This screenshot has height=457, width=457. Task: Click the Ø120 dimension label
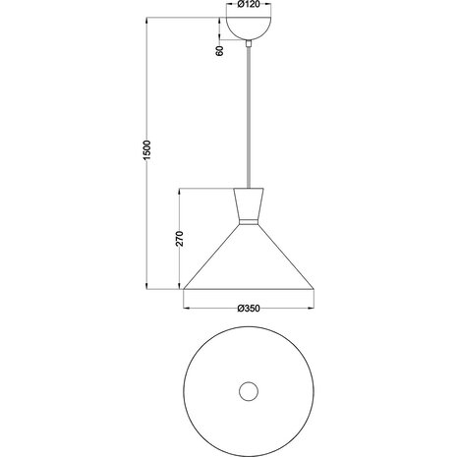click(x=250, y=5)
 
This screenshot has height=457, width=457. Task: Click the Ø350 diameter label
click(x=249, y=309)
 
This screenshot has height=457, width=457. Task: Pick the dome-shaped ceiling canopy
click(x=250, y=29)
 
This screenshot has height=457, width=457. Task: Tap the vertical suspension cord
click(x=250, y=118)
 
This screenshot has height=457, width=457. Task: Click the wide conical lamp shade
click(x=250, y=260)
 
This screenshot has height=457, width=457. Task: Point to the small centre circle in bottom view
click(x=250, y=390)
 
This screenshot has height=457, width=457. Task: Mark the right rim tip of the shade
click(x=314, y=289)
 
